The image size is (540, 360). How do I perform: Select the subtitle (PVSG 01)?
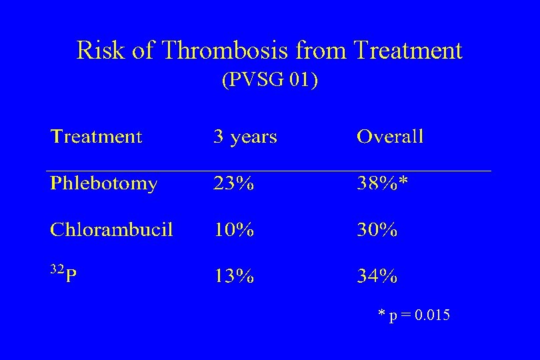269,80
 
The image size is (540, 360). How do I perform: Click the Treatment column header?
97,137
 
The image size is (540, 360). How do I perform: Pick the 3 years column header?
245,137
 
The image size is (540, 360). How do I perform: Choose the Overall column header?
390,137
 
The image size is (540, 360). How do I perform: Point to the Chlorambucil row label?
111,230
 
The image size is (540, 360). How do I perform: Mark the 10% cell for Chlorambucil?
233,230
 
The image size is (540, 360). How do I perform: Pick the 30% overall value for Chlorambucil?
377,230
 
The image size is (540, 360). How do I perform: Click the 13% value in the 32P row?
233,276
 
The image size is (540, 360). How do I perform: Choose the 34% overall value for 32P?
377,276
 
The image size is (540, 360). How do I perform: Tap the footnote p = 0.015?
414,315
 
